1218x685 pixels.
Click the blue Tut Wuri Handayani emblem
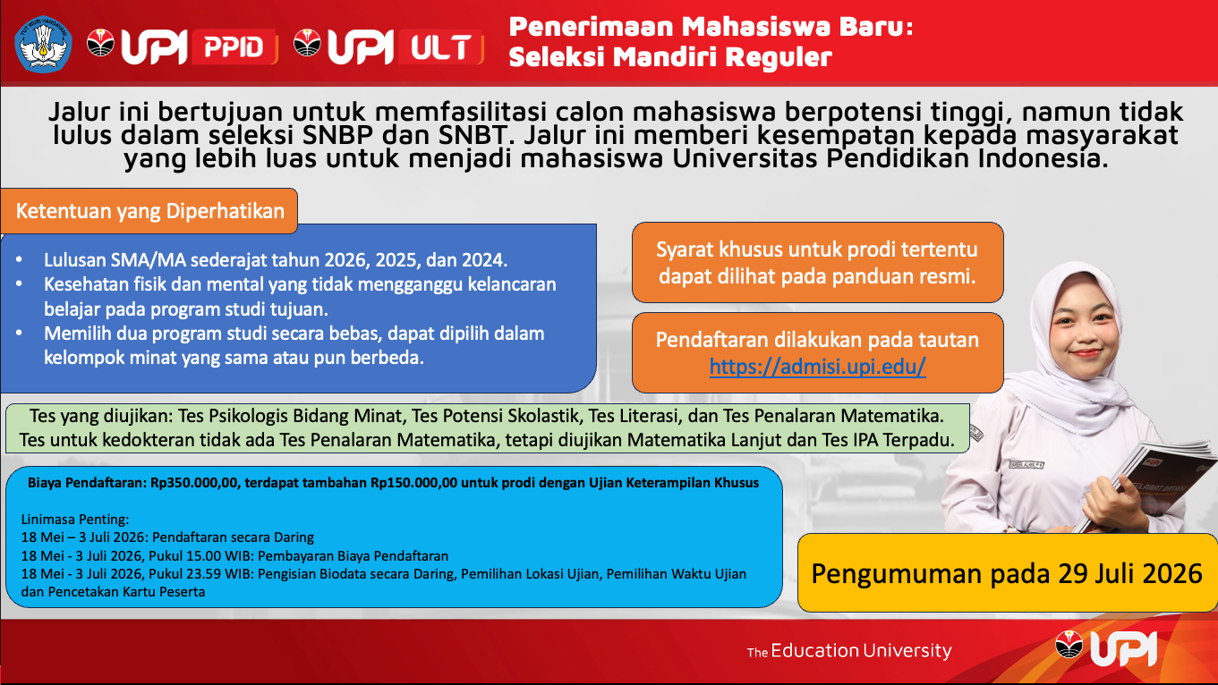click(44, 44)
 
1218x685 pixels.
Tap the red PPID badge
click(234, 47)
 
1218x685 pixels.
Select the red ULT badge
click(440, 47)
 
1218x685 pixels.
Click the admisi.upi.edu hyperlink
click(817, 367)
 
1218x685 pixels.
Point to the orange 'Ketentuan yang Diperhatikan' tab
click(149, 211)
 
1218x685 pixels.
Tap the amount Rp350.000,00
click(195, 483)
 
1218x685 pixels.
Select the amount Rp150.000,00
click(414, 483)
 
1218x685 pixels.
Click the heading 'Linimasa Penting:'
click(75, 520)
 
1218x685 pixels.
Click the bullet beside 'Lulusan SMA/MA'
click(20, 259)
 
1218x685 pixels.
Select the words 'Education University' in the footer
click(861, 650)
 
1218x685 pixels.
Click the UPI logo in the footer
click(1106, 648)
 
